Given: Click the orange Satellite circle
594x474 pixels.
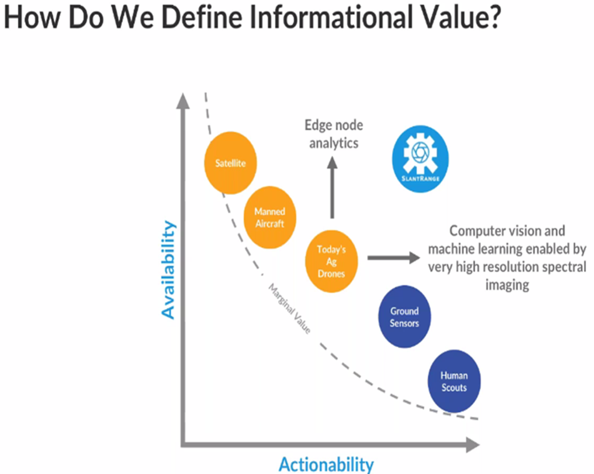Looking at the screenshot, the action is click(x=230, y=163).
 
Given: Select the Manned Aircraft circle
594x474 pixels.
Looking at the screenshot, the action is click(x=269, y=217).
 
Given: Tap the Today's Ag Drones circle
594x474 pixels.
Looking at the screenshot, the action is click(x=331, y=262).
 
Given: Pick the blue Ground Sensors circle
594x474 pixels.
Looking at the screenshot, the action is click(x=405, y=317).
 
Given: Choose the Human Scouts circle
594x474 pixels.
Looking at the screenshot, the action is click(x=454, y=382).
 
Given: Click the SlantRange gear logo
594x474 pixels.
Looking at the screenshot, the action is click(x=421, y=159).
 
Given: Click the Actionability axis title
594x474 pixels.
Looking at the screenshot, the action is click(x=326, y=465).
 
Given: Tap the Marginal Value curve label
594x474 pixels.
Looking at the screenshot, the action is click(x=289, y=309).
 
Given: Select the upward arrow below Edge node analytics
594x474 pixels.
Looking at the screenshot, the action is click(x=332, y=187).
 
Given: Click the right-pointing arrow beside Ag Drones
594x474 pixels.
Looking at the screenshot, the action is click(x=393, y=258).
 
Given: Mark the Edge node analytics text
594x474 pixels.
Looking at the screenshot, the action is click(x=334, y=134).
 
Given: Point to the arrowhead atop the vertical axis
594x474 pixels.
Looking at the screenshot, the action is click(x=183, y=101).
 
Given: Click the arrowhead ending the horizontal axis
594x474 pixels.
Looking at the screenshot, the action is click(x=473, y=445).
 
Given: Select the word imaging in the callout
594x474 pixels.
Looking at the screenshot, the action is click(x=507, y=285).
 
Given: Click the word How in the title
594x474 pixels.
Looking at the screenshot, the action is click(x=32, y=17).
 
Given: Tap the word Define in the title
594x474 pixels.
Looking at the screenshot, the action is click(x=202, y=17).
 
